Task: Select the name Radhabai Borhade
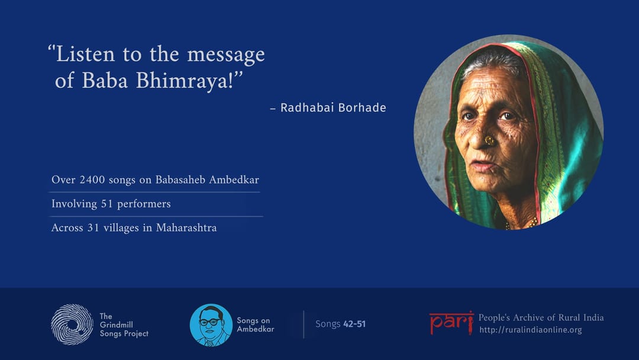[333, 108]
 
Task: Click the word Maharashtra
[186, 228]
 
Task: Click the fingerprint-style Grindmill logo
[72, 324]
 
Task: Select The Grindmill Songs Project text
[124, 325]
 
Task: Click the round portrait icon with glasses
[211, 325]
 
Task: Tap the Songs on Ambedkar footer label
[256, 325]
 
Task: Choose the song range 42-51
[354, 324]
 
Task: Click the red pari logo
[451, 322]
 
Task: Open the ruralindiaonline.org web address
[531, 330]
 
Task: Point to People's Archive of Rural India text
[541, 317]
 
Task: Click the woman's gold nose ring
[490, 141]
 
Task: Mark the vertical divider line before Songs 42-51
[304, 324]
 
